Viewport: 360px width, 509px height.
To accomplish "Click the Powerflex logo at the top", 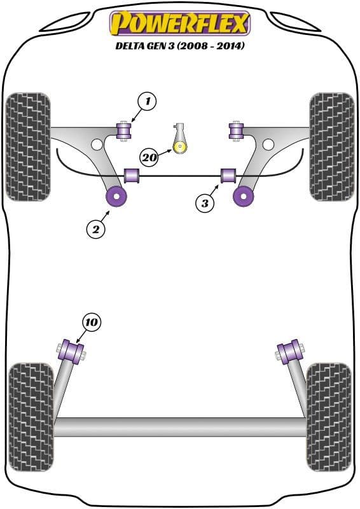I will pyautogui.click(x=181, y=24).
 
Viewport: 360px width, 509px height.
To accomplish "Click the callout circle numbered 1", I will pyautogui.click(x=147, y=101).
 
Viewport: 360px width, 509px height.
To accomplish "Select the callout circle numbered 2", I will pyautogui.click(x=95, y=230).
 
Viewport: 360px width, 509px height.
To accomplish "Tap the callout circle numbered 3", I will pyautogui.click(x=205, y=204).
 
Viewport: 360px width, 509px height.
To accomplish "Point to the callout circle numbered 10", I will pyautogui.click(x=91, y=323).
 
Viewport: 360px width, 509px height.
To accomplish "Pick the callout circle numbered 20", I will pyautogui.click(x=149, y=157).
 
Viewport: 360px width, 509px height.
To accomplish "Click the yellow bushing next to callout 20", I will pyautogui.click(x=181, y=148).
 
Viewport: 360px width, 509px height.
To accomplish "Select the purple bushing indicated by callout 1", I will pyautogui.click(x=125, y=131).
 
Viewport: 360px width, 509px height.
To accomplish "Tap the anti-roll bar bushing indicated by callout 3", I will pyautogui.click(x=228, y=175).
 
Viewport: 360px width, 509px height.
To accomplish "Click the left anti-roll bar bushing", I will pyautogui.click(x=132, y=175).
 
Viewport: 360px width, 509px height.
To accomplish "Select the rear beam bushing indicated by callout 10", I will pyautogui.click(x=72, y=351).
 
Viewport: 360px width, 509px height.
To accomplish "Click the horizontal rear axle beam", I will pyautogui.click(x=180, y=426).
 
